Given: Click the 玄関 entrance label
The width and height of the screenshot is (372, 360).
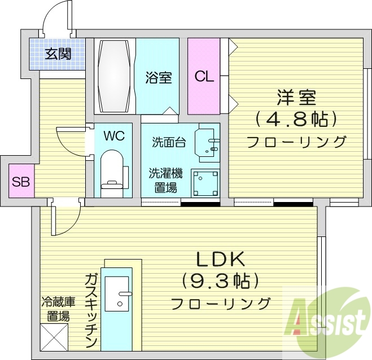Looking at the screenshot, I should (x=58, y=55).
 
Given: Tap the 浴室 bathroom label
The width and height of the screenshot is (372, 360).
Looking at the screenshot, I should (x=158, y=77).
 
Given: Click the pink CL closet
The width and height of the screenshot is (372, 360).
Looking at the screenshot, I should (x=204, y=76).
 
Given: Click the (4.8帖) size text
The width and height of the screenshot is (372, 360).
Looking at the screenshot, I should (x=295, y=118).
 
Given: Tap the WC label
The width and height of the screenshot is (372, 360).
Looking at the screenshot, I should (x=114, y=135).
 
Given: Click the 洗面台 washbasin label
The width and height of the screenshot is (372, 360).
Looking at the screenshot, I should (x=168, y=142).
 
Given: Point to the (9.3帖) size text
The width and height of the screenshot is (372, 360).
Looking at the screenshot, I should (x=220, y=280).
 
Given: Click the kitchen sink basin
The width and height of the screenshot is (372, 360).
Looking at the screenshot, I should (x=121, y=293).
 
